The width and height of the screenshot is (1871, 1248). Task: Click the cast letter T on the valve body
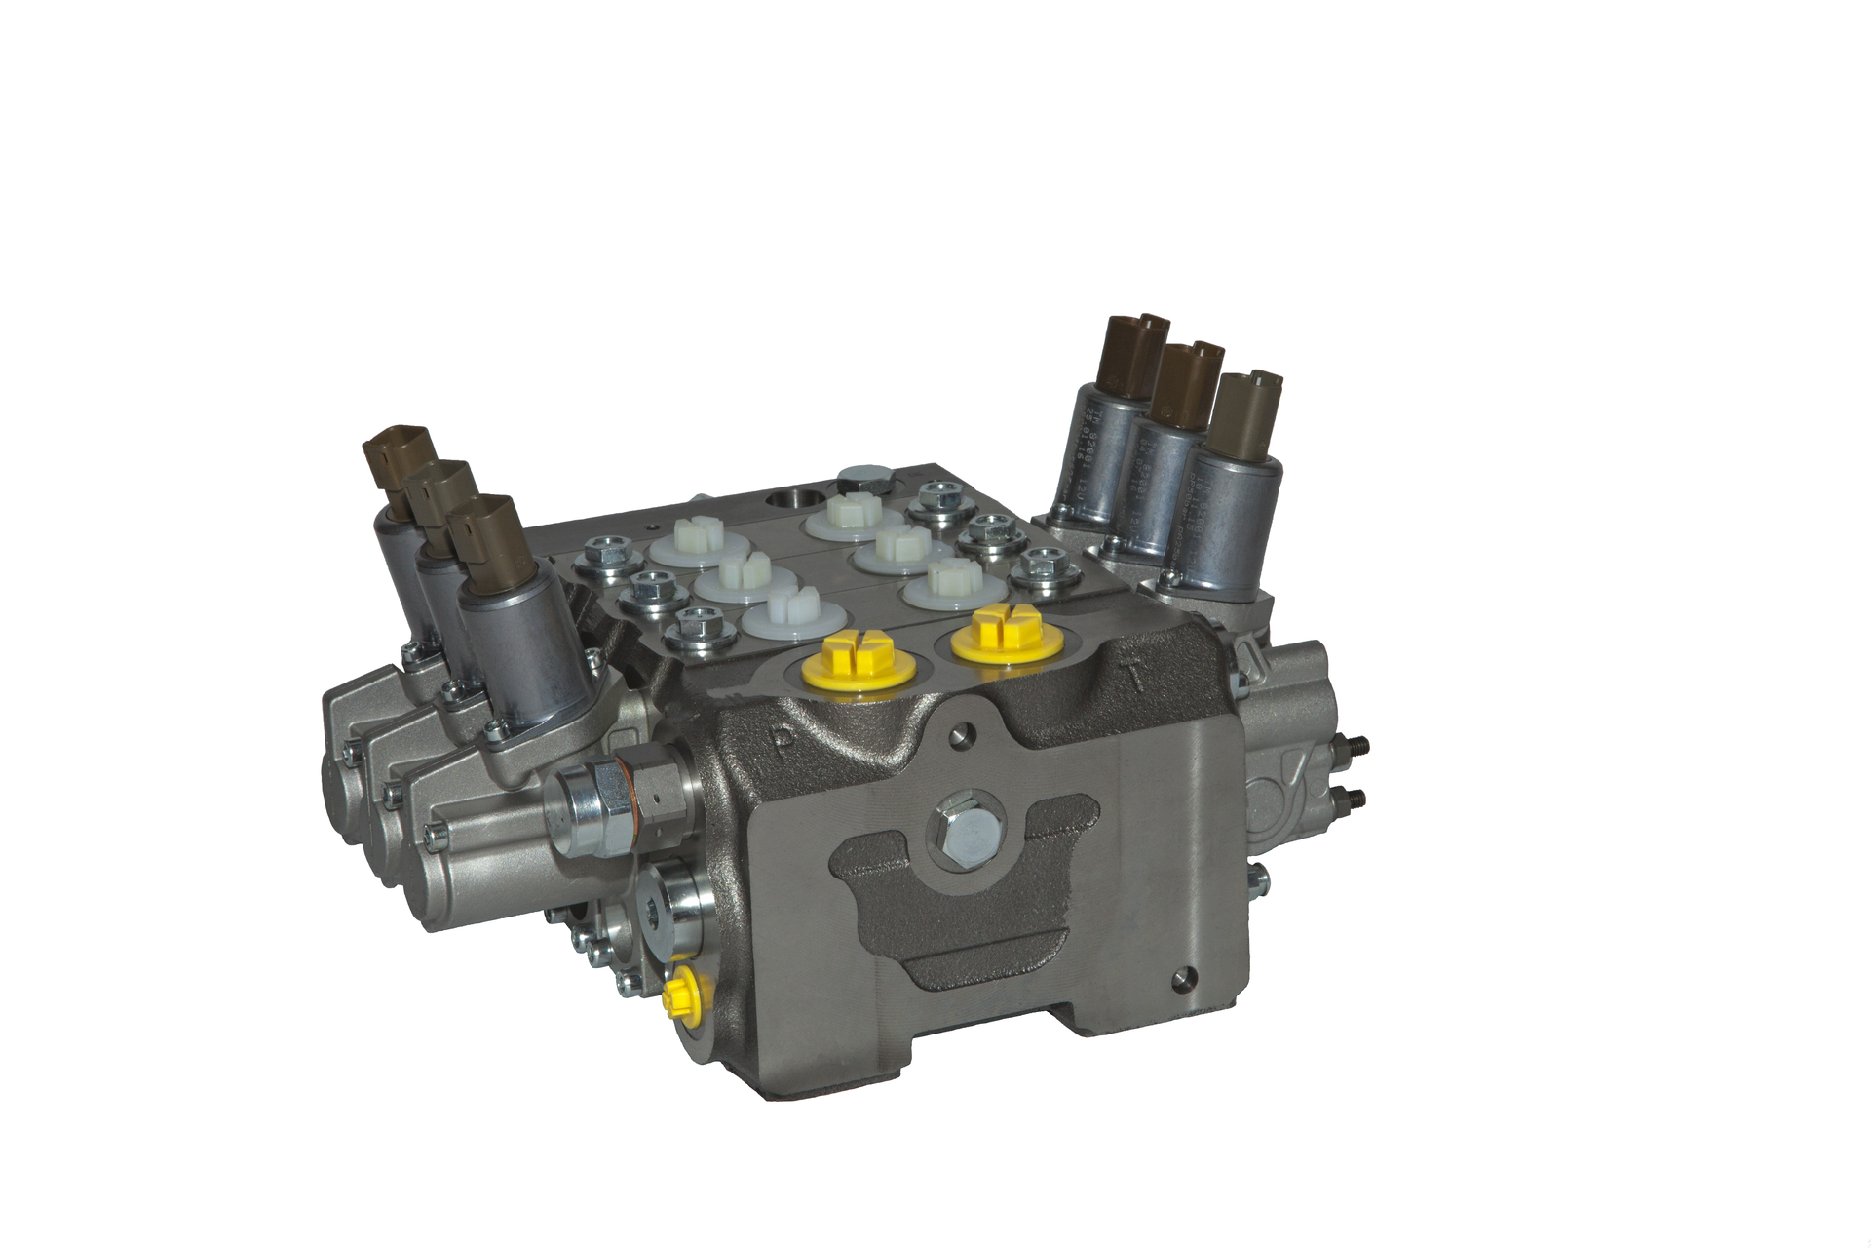(x=1131, y=675)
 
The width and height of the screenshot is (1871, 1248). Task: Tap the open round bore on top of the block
(x=793, y=501)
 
